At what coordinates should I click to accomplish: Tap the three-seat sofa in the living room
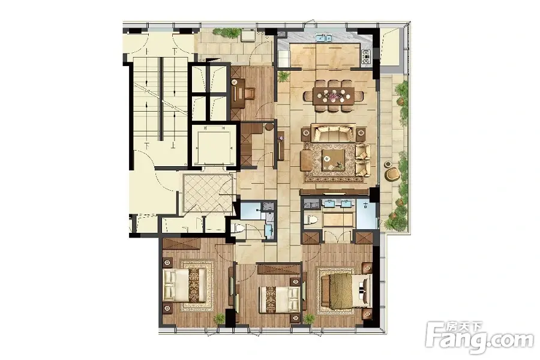[332, 133]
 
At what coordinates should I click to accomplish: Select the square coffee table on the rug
[333, 161]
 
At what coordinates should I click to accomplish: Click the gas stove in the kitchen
[366, 58]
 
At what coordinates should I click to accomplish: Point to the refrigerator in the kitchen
[284, 59]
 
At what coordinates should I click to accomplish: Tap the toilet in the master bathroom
[311, 220]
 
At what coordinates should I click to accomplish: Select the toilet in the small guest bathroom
[238, 228]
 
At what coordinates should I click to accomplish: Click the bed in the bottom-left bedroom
[184, 285]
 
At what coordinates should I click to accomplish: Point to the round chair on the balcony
[390, 175]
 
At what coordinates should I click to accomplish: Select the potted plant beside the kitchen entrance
[283, 76]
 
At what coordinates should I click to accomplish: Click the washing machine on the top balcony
[248, 36]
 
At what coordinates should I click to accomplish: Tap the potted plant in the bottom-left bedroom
[219, 319]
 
